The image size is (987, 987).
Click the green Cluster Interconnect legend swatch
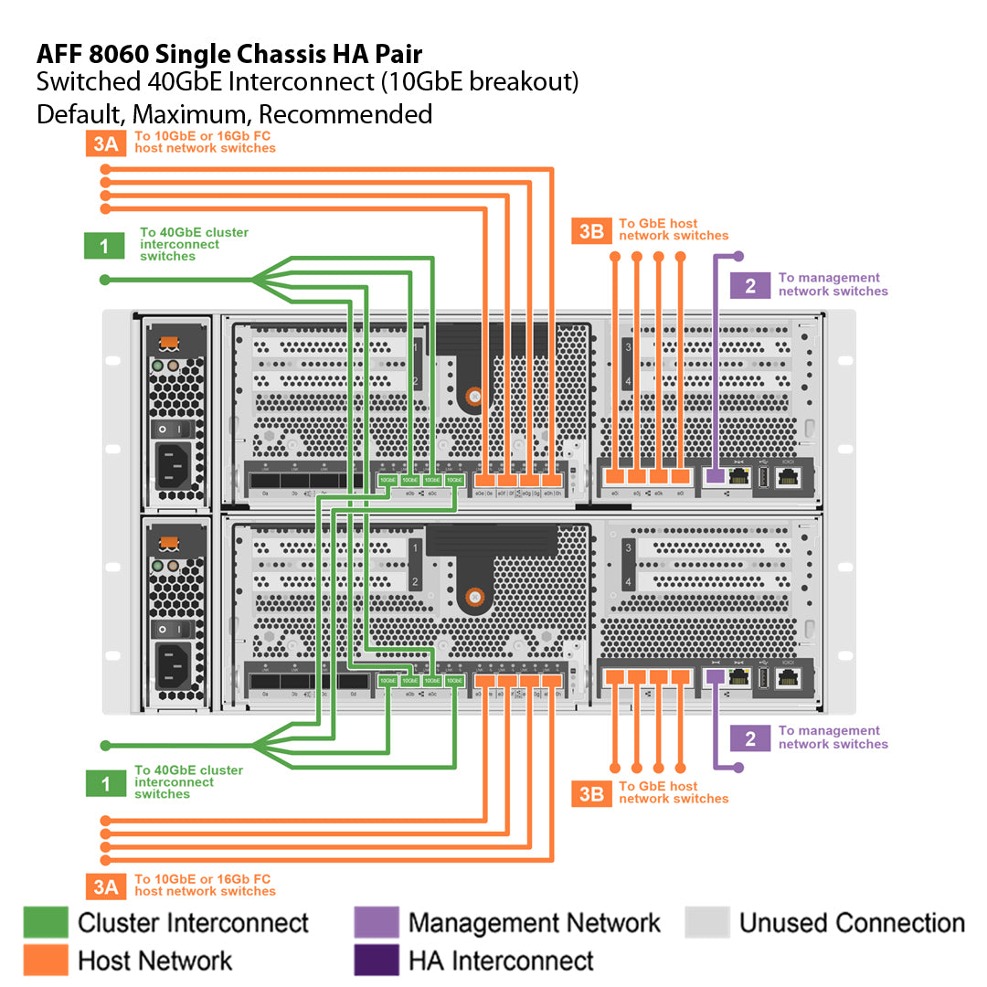coord(46,922)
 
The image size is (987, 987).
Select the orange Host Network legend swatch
coord(46,960)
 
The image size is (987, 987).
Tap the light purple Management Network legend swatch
coord(377,922)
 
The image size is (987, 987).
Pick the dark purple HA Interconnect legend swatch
coord(377,960)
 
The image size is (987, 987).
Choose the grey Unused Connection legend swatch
coord(707,922)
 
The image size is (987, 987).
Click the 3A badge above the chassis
coord(106,143)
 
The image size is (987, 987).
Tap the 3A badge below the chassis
coord(106,886)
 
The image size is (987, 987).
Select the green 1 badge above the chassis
coord(104,245)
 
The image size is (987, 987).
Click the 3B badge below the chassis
coord(591,793)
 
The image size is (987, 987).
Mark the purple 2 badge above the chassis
coord(750,285)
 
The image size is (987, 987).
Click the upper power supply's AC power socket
coord(177,465)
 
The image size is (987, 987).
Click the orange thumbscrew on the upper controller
coord(473,398)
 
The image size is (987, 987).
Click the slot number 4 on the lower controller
coord(627,581)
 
